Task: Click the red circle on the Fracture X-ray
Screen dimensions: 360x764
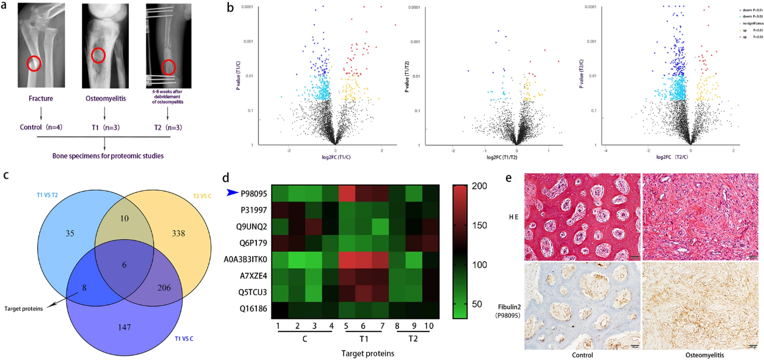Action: click(x=34, y=63)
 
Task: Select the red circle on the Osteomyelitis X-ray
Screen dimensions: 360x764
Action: click(x=98, y=56)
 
